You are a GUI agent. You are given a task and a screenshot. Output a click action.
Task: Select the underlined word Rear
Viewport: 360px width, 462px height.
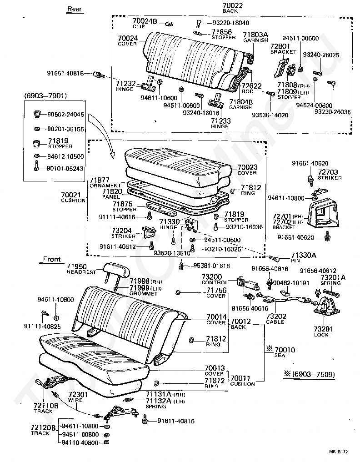(74, 9)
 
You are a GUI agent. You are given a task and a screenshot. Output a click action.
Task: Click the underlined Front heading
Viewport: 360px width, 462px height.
(51, 259)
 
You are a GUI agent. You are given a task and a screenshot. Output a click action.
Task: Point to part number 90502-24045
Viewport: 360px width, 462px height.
(65, 115)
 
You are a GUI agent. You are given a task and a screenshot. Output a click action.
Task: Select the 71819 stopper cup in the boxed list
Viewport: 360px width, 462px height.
(36, 144)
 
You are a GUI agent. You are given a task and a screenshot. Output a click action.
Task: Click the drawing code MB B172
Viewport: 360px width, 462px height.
(339, 452)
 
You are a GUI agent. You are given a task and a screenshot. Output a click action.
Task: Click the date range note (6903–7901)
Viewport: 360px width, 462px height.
(45, 96)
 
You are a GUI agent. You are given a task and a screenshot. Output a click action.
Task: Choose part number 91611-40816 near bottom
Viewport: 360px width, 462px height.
(176, 422)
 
